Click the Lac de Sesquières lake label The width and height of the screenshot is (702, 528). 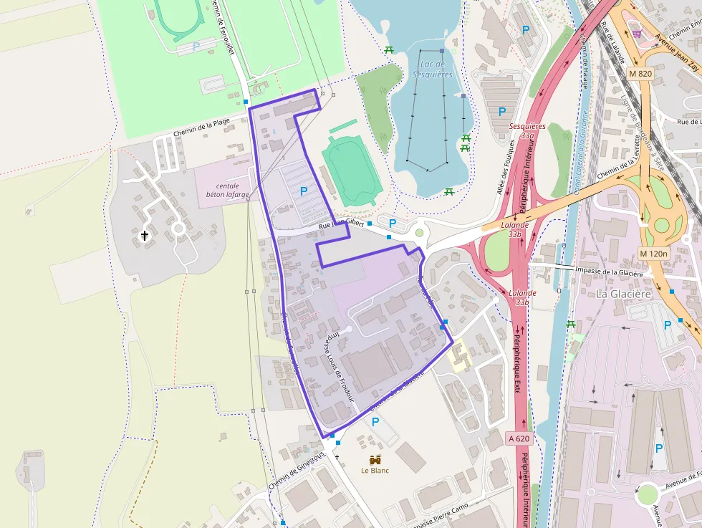[433, 69]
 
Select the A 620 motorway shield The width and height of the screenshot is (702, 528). [520, 438]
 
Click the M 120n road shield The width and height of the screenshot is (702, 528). [653, 254]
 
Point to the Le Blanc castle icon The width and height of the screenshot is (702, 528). [375, 459]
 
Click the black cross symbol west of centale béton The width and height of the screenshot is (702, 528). [145, 234]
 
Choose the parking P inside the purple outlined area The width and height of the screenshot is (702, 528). [304, 191]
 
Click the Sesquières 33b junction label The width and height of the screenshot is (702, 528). [527, 130]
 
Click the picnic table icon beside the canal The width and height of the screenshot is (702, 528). [572, 325]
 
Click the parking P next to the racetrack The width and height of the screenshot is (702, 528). [196, 45]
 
